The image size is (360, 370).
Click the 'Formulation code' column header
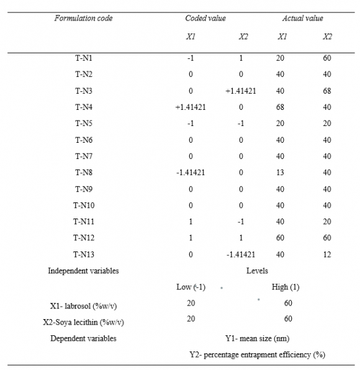83,19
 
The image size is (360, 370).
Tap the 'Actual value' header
302,19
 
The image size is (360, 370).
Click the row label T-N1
83,58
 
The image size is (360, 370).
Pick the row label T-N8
83,173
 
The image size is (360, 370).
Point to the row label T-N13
83,255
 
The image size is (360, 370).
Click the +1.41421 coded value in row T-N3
242,91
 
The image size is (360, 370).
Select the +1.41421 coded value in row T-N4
191,107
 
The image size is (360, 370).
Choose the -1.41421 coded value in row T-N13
242,255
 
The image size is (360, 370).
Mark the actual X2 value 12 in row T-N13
327,255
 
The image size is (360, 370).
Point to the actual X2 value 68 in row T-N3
327,91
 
